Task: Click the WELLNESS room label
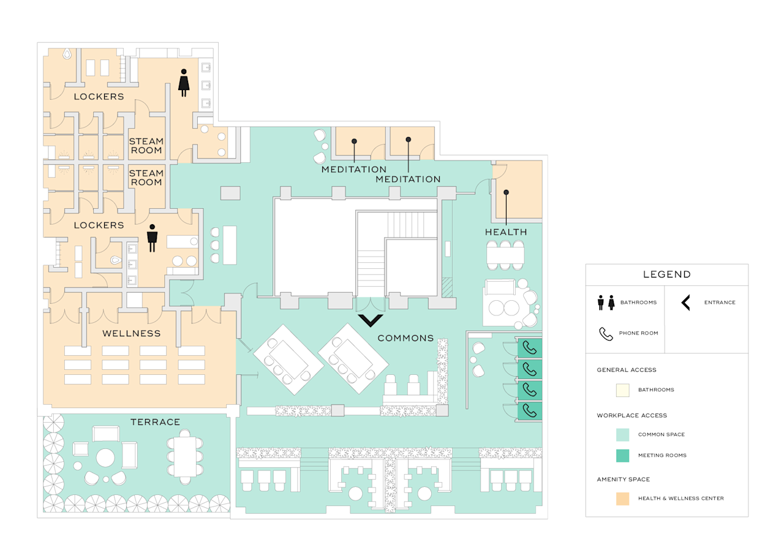(131, 334)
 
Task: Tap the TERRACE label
(155, 422)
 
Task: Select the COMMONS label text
(405, 338)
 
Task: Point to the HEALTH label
(506, 232)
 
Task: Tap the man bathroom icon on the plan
(153, 238)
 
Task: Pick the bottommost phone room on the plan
(530, 410)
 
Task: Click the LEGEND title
(666, 275)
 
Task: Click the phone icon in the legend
(606, 334)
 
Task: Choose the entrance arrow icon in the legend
(686, 303)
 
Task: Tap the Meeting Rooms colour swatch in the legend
(622, 456)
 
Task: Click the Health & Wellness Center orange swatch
(622, 499)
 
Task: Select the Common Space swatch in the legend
(622, 434)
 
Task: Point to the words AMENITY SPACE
(623, 479)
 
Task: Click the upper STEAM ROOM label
(146, 146)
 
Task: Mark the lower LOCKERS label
(99, 225)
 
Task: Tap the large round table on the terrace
(105, 458)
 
